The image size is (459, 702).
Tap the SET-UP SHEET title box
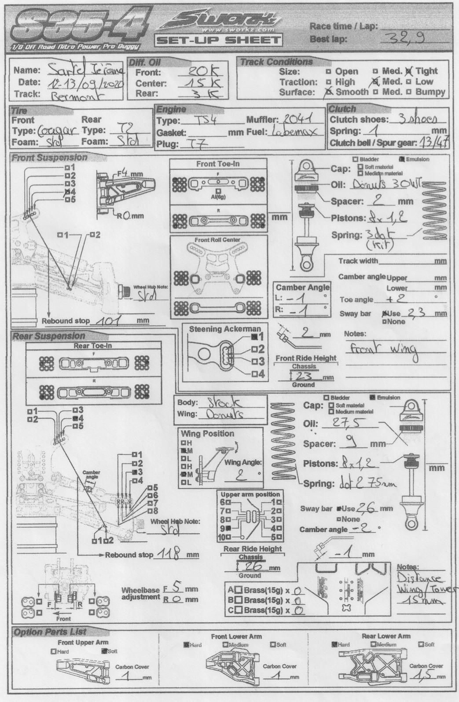[x=218, y=40]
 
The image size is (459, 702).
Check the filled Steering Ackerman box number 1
[x=255, y=337]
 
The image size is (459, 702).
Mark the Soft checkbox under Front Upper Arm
[x=104, y=651]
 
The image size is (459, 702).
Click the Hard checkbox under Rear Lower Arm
[x=334, y=644]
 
